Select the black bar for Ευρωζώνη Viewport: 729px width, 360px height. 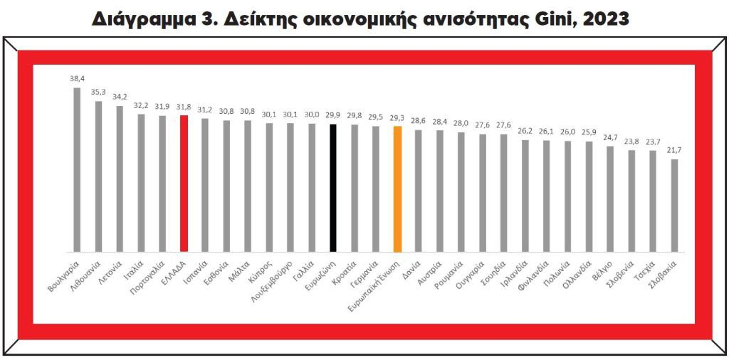tap(333, 188)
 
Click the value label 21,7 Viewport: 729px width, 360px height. tap(674, 150)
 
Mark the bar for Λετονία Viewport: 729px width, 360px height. tap(120, 179)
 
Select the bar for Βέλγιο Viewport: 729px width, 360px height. tap(610, 198)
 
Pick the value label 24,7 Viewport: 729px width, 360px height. tap(610, 137)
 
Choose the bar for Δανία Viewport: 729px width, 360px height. tap(419, 191)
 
